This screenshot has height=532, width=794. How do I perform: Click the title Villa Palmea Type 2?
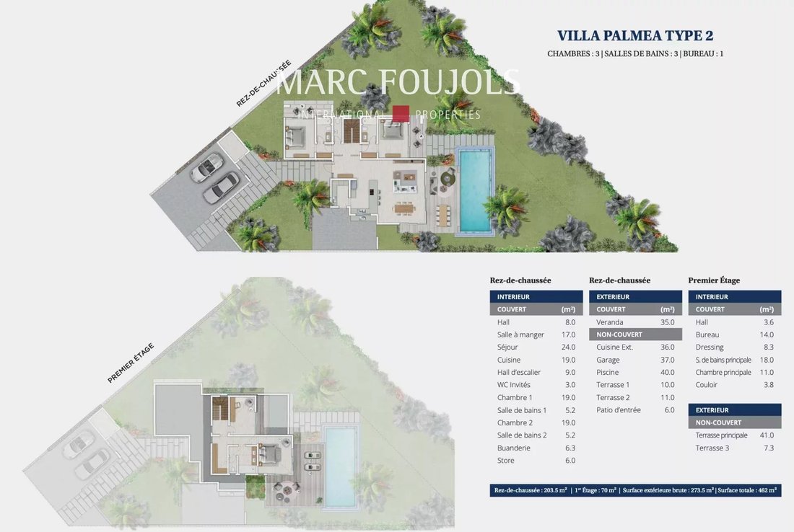(635, 35)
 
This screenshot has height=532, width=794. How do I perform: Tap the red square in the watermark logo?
(401, 114)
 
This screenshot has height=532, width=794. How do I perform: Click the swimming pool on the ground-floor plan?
(475, 190)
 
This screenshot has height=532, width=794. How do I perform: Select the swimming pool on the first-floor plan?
(339, 466)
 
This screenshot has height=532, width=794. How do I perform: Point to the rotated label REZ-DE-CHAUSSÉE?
(263, 84)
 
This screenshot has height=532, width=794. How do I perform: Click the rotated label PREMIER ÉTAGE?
(131, 363)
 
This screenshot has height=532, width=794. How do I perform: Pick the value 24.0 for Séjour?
(568, 347)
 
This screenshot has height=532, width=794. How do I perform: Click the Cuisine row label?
(508, 360)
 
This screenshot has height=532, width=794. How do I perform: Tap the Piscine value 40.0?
(667, 372)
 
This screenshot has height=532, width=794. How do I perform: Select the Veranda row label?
(610, 322)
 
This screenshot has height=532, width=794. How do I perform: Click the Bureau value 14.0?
(767, 334)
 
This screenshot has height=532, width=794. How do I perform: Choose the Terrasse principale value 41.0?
(767, 435)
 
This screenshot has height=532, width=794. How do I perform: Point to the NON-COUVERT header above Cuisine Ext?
(619, 334)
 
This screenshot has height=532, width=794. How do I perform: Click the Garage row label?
(608, 360)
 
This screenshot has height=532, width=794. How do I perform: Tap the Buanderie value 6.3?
(570, 448)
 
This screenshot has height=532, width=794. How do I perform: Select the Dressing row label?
(710, 347)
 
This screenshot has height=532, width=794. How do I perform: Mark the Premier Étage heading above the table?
(714, 280)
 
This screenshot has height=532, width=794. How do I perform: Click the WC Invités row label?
(513, 385)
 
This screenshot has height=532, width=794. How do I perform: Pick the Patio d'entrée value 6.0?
(669, 410)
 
